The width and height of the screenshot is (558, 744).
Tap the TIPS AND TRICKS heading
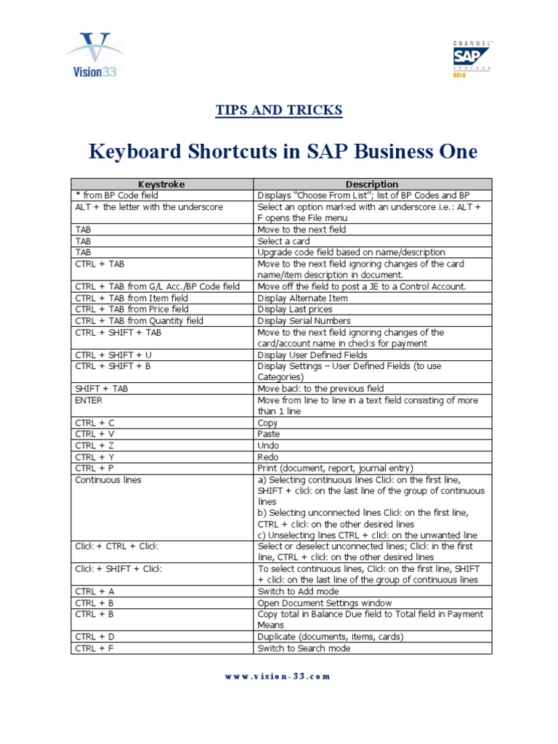[x=279, y=110]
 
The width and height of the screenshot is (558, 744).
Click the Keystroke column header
[x=161, y=185]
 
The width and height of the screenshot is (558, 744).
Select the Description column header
[x=373, y=185]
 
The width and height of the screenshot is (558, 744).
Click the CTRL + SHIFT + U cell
[x=113, y=355]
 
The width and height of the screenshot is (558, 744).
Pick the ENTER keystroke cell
[x=89, y=400]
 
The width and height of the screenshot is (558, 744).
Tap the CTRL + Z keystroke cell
[x=95, y=445]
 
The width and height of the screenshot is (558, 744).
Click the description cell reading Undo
[x=268, y=445]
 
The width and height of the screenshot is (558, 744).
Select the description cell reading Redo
[x=268, y=457]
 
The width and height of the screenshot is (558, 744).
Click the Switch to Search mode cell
[x=304, y=648]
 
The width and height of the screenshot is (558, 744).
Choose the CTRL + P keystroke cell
[x=95, y=469]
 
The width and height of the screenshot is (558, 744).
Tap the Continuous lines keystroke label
[x=108, y=480]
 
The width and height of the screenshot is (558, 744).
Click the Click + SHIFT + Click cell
[x=118, y=569]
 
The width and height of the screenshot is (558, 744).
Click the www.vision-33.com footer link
[x=279, y=676]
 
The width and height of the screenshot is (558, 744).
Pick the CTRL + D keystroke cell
[x=95, y=636]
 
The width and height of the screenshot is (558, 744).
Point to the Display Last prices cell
[x=294, y=309]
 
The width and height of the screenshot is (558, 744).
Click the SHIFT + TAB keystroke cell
[x=101, y=389]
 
